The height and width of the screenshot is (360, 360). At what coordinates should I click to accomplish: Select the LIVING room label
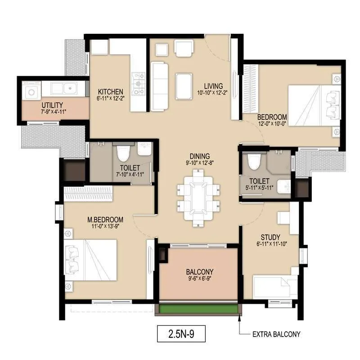[x=213, y=86]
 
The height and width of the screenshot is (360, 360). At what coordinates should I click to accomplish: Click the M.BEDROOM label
[x=105, y=219]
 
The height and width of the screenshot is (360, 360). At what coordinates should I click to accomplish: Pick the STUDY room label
[x=270, y=237]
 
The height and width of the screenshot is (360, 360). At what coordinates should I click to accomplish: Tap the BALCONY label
[x=199, y=272]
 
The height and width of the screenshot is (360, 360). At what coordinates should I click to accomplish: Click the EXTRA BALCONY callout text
[x=275, y=334]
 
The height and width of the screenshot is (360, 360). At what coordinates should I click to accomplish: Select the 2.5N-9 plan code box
[x=182, y=334]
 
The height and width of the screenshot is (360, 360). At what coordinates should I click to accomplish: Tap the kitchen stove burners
[x=137, y=82]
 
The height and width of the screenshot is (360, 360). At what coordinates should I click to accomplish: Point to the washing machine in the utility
[x=32, y=91]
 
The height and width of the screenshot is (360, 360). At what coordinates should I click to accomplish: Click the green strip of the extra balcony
[x=198, y=310]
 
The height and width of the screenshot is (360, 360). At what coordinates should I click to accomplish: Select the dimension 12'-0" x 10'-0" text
[x=272, y=123]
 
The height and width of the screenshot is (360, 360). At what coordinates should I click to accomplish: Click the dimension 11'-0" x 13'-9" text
[x=105, y=226]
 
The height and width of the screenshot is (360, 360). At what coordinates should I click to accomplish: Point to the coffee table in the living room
[x=184, y=86]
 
